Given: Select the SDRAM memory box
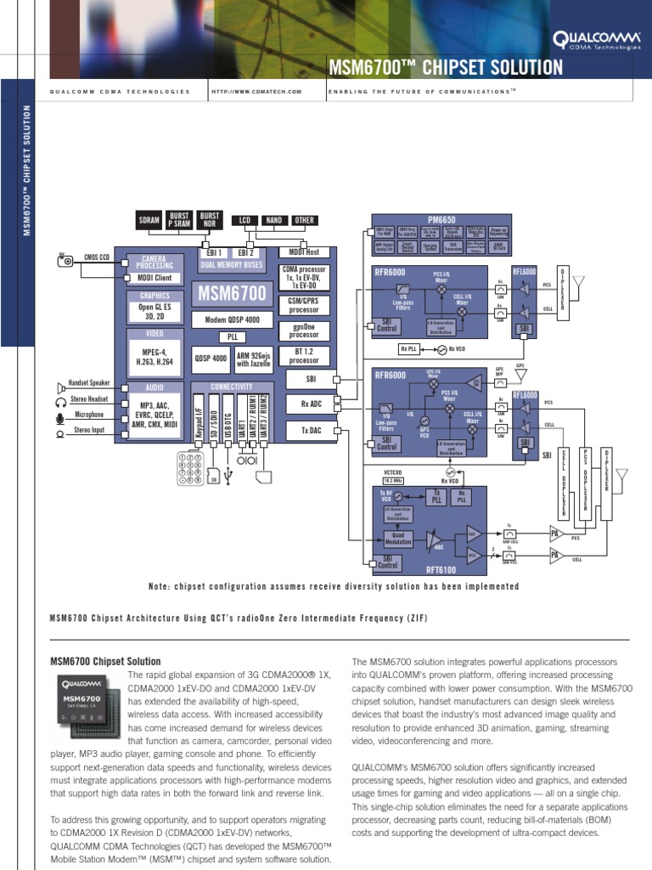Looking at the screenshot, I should click(149, 221).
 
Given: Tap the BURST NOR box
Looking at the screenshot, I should click(209, 221).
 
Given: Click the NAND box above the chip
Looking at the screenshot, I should click(273, 220).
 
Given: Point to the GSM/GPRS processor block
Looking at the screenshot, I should click(304, 305).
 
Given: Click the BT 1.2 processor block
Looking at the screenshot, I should click(304, 354).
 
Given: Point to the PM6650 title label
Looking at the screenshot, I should click(441, 219).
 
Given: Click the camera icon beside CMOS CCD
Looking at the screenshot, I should click(65, 261).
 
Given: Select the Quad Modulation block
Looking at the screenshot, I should click(398, 539).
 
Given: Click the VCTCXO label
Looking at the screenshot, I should click(392, 472).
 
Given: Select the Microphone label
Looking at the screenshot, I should click(89, 415).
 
